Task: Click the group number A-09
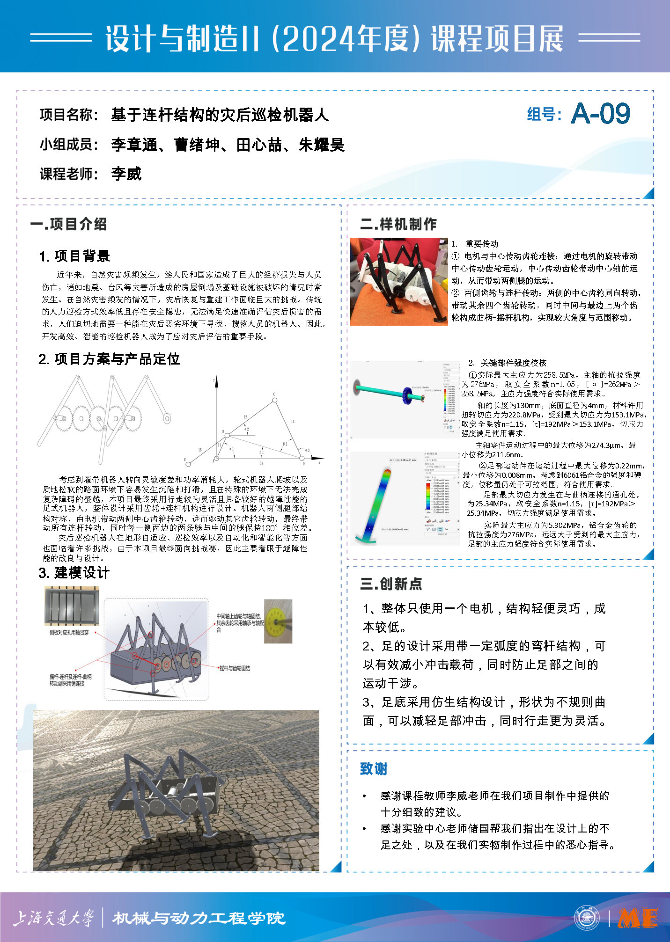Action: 601,114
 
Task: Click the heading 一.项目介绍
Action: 68,224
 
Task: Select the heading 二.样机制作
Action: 398,224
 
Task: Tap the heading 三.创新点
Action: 391,584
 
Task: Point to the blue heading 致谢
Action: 374,769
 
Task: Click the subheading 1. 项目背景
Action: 74,256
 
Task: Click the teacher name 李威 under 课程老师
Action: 126,174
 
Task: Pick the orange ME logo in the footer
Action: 638,918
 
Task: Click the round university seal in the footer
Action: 587,918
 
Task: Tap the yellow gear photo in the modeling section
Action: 278,621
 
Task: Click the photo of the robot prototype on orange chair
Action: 399,281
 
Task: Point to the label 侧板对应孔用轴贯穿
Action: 69,632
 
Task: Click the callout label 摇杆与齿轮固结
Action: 235,668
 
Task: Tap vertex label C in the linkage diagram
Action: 274,394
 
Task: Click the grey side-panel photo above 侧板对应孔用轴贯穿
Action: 72,606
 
